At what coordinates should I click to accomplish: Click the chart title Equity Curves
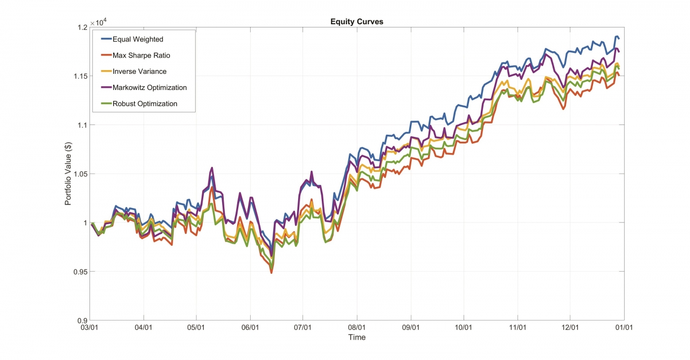pos(357,22)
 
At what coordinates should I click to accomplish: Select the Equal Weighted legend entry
pos(138,39)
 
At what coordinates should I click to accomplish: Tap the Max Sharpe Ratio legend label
pos(141,56)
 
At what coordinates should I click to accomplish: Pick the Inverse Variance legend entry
pos(140,72)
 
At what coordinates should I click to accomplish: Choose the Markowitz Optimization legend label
pos(150,87)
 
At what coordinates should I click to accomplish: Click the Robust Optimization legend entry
pos(145,103)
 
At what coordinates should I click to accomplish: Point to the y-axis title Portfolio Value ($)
pos(68,173)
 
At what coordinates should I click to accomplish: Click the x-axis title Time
pos(357,337)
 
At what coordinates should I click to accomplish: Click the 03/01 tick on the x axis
pos(90,327)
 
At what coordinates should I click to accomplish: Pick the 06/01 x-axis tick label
pos(250,327)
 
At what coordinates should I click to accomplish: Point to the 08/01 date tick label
pos(357,327)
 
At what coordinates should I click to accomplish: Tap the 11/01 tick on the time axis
pos(517,327)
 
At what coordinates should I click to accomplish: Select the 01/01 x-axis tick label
pos(624,327)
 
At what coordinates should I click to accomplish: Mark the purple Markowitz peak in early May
pos(212,168)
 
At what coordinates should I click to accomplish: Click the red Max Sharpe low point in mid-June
pos(271,273)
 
